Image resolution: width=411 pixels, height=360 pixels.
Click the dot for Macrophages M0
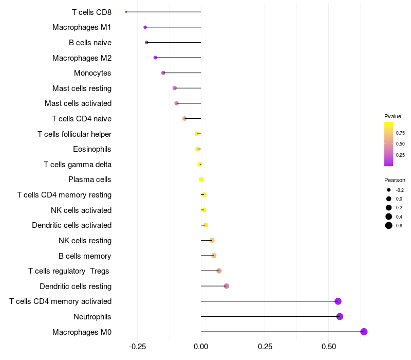click(364, 332)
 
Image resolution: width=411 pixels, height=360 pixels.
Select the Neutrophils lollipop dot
click(340, 316)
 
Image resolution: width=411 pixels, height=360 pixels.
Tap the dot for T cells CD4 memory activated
click(338, 301)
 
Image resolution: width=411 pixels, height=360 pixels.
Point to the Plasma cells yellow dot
click(201, 179)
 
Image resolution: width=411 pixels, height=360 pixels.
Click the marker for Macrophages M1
click(145, 27)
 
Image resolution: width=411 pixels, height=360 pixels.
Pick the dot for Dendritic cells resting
click(227, 286)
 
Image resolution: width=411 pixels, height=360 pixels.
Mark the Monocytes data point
click(163, 73)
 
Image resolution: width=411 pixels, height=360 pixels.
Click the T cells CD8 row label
click(91, 12)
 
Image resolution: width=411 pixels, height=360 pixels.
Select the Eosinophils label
click(92, 149)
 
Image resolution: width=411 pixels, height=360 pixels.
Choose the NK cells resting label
click(85, 240)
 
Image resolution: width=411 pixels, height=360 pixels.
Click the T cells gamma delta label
click(78, 165)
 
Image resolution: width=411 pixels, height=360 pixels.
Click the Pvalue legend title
click(393, 116)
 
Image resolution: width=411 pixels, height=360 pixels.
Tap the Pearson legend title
click(395, 180)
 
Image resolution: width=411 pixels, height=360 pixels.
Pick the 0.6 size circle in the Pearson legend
click(389, 225)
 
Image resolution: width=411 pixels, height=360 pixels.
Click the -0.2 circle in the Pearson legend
click(389, 190)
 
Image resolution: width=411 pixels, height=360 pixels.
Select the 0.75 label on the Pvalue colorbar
click(400, 133)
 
